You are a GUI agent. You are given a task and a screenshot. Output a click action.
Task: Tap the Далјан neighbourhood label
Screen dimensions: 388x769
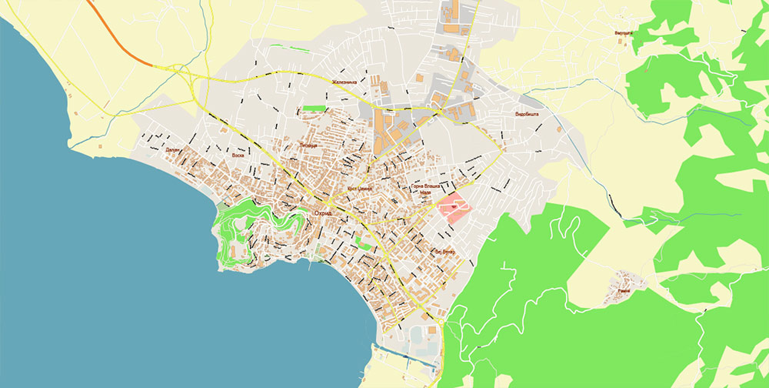click(x=171, y=150)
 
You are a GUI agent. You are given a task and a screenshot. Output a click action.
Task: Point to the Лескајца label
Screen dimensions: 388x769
click(x=308, y=144)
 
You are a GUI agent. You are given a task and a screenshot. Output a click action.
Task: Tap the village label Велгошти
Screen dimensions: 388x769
click(x=623, y=33)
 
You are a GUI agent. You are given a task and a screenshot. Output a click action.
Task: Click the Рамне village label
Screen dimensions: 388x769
click(x=624, y=292)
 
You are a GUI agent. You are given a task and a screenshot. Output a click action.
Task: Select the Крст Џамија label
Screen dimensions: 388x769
click(x=359, y=188)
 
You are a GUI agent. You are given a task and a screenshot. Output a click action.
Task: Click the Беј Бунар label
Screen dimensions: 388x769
click(x=444, y=252)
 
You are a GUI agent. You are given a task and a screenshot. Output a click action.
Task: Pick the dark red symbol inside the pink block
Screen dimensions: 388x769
click(x=454, y=206)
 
